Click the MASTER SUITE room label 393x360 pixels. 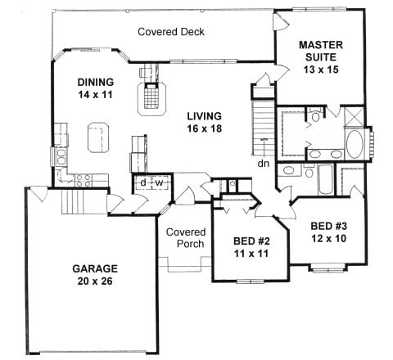click(321, 51)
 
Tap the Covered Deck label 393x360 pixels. click(171, 32)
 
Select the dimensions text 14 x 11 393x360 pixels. click(95, 95)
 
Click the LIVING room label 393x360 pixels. click(204, 116)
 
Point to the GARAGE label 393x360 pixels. click(95, 268)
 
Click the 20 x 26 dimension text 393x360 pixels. click(95, 281)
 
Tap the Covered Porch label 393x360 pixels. click(186, 238)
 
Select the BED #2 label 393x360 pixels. click(251, 241)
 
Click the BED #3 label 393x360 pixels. click(329, 226)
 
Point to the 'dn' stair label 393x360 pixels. click(264, 164)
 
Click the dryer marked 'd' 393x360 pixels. click(143, 182)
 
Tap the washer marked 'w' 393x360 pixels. click(160, 182)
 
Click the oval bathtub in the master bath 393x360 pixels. click(355, 145)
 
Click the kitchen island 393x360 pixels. click(98, 137)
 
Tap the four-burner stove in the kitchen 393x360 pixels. click(83, 181)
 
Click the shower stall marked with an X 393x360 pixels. click(354, 117)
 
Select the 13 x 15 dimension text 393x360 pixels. click(321, 70)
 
